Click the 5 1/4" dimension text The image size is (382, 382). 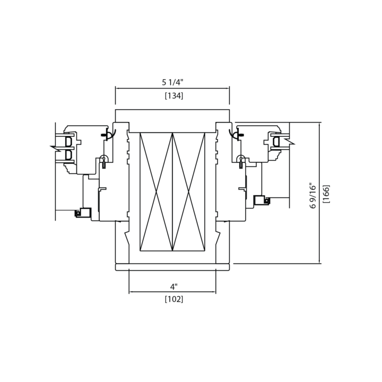(172, 82)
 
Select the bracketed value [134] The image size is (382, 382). (174, 95)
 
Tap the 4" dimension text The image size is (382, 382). (173, 286)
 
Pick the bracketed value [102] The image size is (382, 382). (174, 299)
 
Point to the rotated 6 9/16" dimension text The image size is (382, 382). (312, 196)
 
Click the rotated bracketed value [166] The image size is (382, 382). (326, 194)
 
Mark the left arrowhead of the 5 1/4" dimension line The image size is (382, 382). (117, 89)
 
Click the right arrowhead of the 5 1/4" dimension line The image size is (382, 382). (228, 89)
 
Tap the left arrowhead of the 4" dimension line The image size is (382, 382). (131, 292)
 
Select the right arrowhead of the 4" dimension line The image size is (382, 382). (214, 292)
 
